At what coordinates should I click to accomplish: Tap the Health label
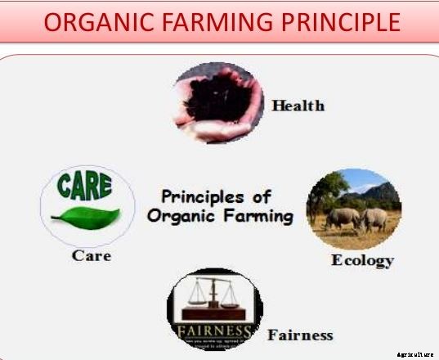coord(298,106)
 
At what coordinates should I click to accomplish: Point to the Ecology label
coord(362,261)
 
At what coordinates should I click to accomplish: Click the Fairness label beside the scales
coord(300,335)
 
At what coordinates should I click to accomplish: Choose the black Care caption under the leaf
coord(91,255)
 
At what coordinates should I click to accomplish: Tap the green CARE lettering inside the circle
coord(83,187)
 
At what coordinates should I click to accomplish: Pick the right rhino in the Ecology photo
coord(374,218)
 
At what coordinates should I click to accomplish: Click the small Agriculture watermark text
coord(415,354)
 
